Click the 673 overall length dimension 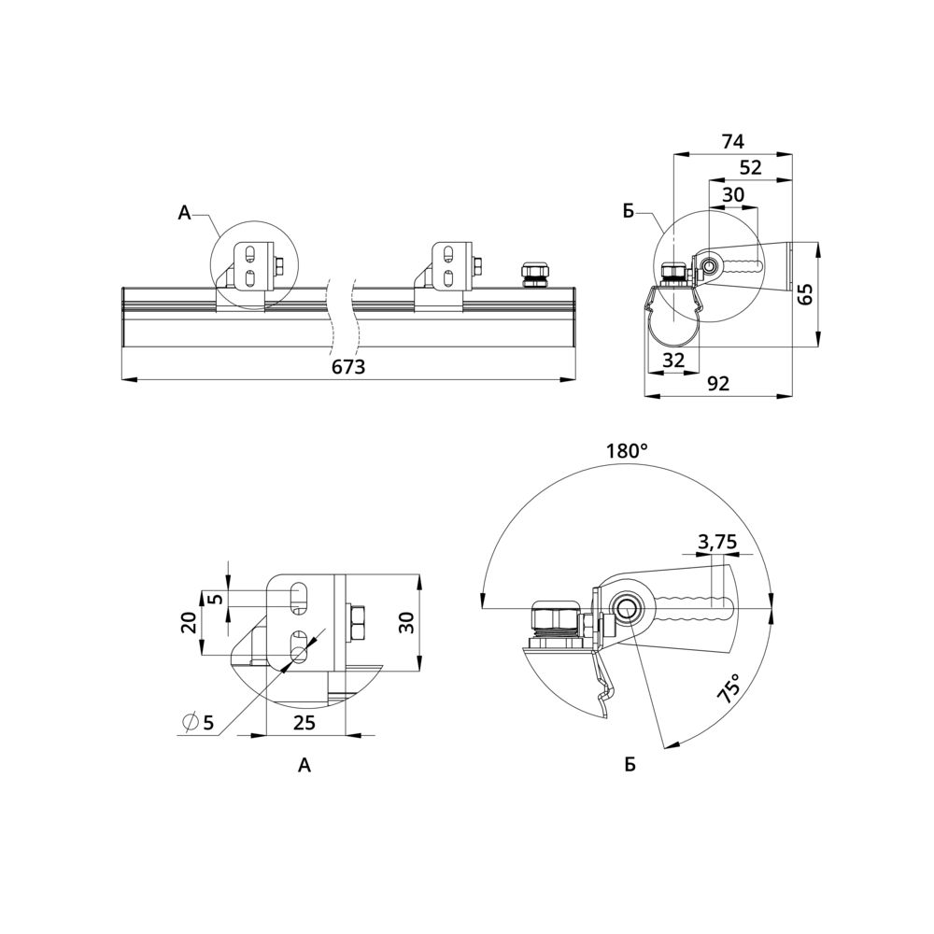click(348, 366)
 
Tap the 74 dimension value click(732, 142)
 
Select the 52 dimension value click(751, 167)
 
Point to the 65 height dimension click(805, 294)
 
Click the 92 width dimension click(718, 384)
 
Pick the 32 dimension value click(673, 360)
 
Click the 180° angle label click(627, 450)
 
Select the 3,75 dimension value click(717, 542)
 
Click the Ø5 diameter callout click(198, 723)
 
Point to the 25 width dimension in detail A click(304, 723)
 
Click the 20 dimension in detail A click(189, 623)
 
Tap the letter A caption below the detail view click(304, 765)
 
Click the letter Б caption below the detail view click(630, 765)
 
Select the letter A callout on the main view click(185, 212)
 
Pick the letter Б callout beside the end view click(629, 211)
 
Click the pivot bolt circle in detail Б click(627, 609)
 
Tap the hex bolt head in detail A click(356, 622)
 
